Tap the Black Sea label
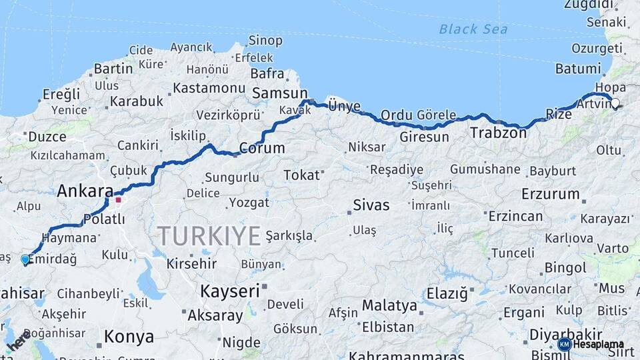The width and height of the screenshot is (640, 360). pyautogui.click(x=473, y=29)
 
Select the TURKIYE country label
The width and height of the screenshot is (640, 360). pyautogui.click(x=209, y=236)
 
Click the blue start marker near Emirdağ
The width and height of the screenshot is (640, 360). pyautogui.click(x=25, y=259)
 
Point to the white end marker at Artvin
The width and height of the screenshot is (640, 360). pyautogui.click(x=615, y=103)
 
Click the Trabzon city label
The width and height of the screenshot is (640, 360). pyautogui.click(x=497, y=133)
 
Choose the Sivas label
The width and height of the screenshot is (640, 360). pyautogui.click(x=371, y=205)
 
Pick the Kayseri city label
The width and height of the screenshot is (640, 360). pyautogui.click(x=229, y=291)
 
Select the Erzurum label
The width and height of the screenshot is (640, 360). pyautogui.click(x=551, y=194)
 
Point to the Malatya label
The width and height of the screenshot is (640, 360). pyautogui.click(x=389, y=306)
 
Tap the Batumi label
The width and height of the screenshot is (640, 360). pyautogui.click(x=578, y=68)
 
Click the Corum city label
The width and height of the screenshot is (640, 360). pyautogui.click(x=261, y=148)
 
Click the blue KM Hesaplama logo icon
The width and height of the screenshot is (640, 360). pyautogui.click(x=564, y=344)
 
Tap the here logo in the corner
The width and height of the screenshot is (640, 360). pyautogui.click(x=18, y=339)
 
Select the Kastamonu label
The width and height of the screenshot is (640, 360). pyautogui.click(x=209, y=88)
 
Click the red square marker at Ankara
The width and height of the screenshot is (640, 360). pyautogui.click(x=118, y=199)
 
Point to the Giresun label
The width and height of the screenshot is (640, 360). pyautogui.click(x=425, y=137)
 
